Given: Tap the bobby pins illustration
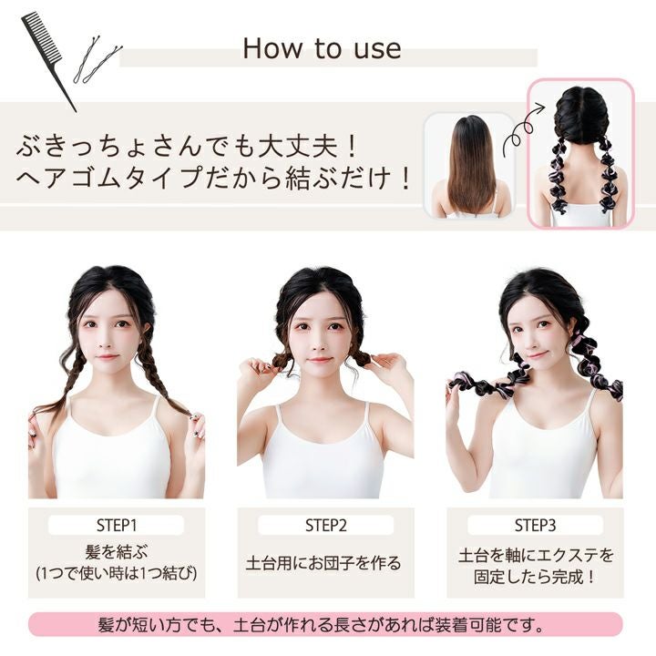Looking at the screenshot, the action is point(97,59).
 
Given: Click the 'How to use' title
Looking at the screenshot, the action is point(322,48).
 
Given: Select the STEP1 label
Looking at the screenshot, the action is point(117,526).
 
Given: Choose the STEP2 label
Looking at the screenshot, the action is point(326,526).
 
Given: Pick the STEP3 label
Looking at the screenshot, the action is point(535,526).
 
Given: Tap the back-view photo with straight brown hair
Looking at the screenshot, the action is point(470,166).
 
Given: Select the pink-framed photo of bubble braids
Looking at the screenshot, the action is point(580,153).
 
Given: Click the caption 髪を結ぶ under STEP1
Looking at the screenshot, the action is point(117,552).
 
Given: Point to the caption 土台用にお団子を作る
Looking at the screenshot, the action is point(323,563).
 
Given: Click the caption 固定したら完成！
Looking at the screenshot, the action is point(535,578).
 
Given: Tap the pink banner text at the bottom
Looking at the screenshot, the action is point(322,625).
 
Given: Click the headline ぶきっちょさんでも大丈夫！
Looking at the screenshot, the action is point(187,147).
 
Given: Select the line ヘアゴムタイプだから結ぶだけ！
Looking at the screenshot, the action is point(213,178).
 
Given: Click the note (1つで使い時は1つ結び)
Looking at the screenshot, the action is point(117,573).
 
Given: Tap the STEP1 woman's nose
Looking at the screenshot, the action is point(105,343).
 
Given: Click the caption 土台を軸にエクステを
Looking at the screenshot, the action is point(536,555).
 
